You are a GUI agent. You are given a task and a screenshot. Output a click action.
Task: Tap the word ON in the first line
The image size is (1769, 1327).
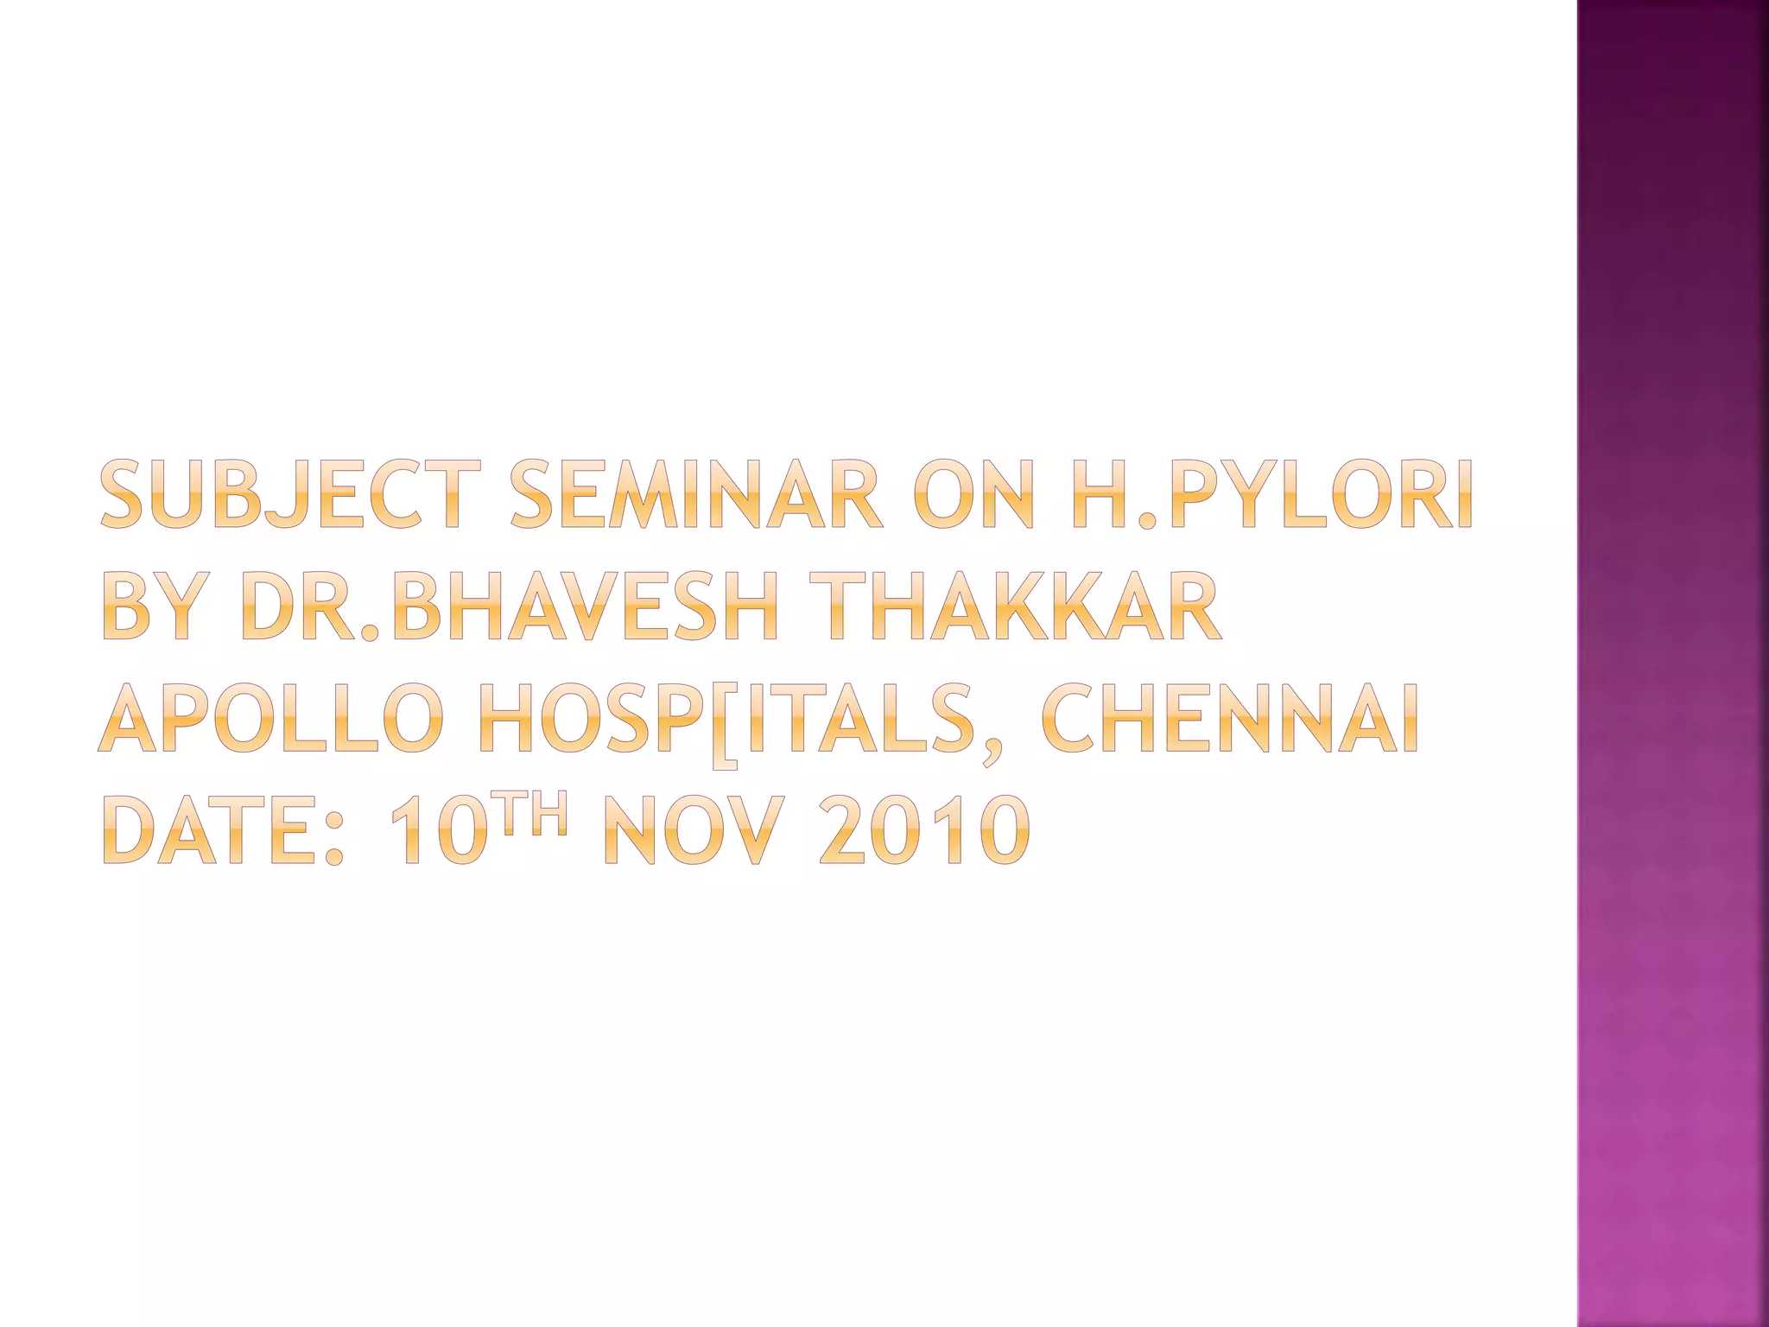[x=972, y=495]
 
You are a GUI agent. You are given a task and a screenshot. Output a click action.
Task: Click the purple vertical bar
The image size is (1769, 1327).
[x=1672, y=663]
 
